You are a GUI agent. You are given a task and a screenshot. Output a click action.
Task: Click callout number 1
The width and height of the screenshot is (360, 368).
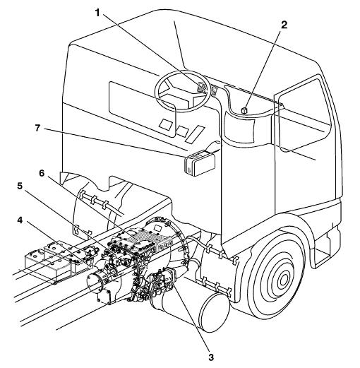pos(98,13)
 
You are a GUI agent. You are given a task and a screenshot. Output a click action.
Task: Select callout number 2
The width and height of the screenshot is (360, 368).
pos(284,25)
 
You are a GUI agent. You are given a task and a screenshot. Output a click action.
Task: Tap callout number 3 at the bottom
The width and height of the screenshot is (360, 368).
pos(211,357)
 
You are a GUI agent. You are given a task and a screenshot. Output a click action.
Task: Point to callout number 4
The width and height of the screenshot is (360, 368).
pos(20,220)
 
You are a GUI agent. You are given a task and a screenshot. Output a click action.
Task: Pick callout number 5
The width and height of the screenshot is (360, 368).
pos(20,186)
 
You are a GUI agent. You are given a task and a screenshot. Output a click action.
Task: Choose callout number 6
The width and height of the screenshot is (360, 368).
pos(42,173)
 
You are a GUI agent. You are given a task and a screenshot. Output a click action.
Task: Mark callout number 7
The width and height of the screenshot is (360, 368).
pos(37,128)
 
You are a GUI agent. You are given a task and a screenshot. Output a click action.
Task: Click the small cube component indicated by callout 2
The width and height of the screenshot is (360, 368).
pos(245,110)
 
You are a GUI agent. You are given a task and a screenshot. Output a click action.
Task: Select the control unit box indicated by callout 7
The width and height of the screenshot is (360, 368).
pos(200,163)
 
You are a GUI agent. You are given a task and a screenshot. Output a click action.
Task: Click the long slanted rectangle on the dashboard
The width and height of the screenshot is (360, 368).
pos(195,134)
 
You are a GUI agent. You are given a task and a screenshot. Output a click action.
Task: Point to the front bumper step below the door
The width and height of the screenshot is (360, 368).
pos(326,253)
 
